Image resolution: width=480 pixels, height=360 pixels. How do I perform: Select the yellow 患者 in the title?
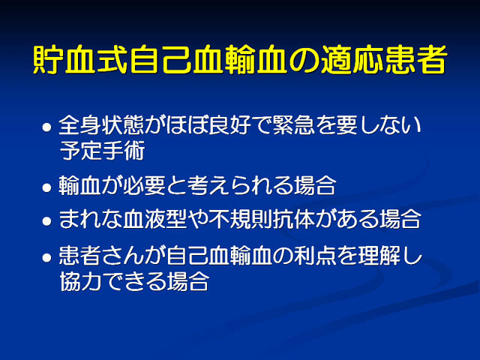(x=415, y=59)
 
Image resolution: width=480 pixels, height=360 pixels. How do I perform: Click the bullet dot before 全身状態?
(x=46, y=127)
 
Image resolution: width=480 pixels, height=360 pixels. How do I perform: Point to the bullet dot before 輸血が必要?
(x=46, y=187)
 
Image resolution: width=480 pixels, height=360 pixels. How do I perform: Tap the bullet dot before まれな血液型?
(x=46, y=220)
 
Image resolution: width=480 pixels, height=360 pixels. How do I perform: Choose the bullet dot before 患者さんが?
(x=46, y=257)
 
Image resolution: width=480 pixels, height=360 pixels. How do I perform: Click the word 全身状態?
(x=101, y=125)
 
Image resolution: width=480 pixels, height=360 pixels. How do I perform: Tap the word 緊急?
(x=293, y=125)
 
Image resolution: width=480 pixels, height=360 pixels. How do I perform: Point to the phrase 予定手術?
(x=102, y=151)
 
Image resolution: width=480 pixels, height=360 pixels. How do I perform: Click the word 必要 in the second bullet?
(x=144, y=185)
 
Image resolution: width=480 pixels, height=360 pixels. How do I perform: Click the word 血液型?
(x=155, y=219)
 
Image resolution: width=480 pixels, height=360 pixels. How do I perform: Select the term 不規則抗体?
(x=262, y=219)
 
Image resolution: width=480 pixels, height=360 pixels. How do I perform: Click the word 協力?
(x=80, y=281)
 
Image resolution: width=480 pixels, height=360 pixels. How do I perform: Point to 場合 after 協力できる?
(x=187, y=281)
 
